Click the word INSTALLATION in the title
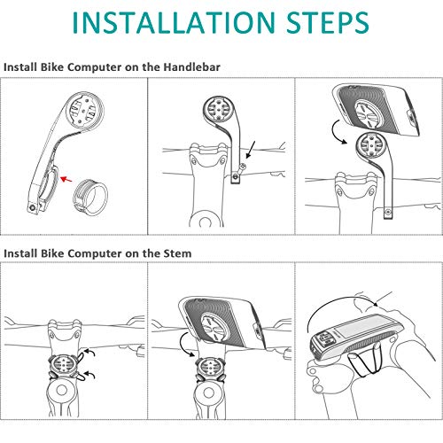tap(174, 22)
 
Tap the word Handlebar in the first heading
tap(192, 67)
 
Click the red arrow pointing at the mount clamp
tap(66, 179)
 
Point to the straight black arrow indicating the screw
tap(250, 150)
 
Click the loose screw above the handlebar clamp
tap(242, 168)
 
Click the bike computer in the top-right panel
tap(378, 110)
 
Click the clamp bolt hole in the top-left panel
tap(32, 207)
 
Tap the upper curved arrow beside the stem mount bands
tap(89, 352)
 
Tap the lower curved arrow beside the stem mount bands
tap(89, 375)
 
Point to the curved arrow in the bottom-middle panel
tap(184, 344)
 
